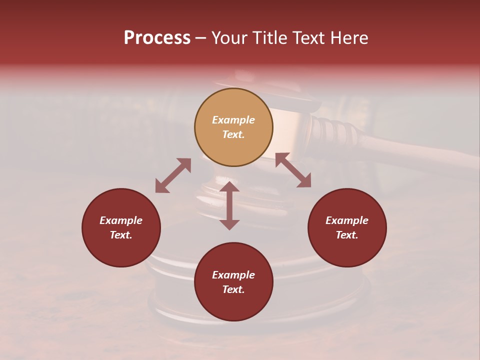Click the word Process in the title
point(157,38)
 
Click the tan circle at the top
point(233,127)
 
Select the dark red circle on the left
point(121,228)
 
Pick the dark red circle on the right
point(347,228)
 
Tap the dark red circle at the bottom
point(233,281)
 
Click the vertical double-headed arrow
point(229,205)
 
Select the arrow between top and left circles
point(173,175)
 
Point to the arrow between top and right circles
point(293,170)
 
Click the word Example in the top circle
point(233,120)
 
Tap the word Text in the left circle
point(121,235)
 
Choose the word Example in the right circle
point(347,220)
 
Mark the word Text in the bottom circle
point(233,289)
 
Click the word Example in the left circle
point(121,220)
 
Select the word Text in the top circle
point(233,134)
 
